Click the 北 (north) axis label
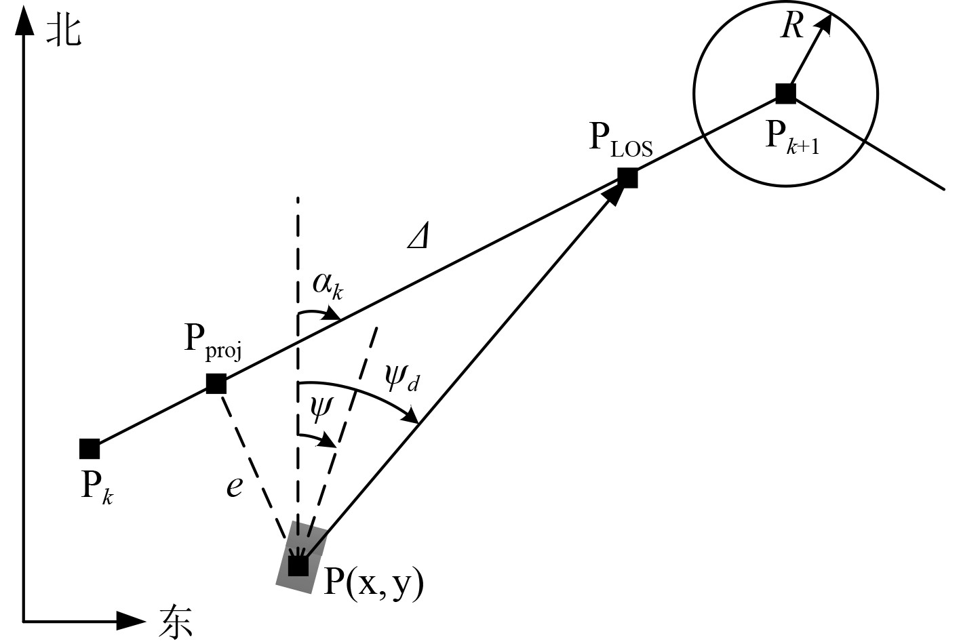64,31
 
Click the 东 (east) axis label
176,620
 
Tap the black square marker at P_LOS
627,178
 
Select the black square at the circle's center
785,94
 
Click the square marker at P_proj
216,384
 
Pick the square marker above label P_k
90,449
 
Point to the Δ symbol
418,237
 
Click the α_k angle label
328,285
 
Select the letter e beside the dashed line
234,486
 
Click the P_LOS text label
620,139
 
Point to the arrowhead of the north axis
24,20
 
